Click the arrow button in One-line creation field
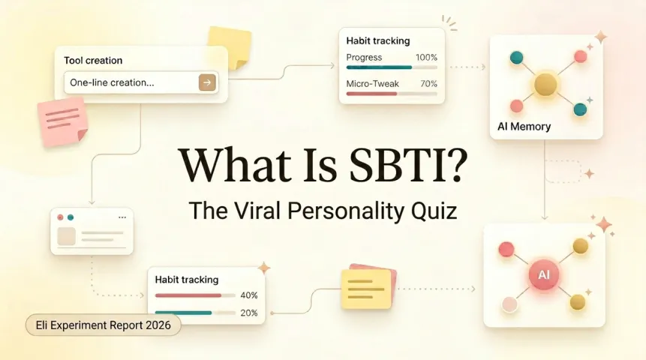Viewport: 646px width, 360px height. tap(207, 82)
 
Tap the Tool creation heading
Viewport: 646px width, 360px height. tap(93, 60)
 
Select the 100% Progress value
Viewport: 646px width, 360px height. tap(426, 58)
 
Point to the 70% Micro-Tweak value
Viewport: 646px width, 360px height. tap(428, 84)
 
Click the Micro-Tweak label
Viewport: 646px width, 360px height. tap(371, 84)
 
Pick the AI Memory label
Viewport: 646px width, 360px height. tap(524, 127)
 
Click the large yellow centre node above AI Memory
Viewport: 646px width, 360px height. tap(545, 84)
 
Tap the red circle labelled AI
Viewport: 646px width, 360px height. tap(544, 275)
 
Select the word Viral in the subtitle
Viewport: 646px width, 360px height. tap(254, 210)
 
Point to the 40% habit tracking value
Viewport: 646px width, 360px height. tap(249, 295)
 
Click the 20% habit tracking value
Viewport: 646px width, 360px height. tap(249, 313)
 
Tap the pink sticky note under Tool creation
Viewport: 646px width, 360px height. tap(63, 121)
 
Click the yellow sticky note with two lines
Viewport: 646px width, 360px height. tap(365, 289)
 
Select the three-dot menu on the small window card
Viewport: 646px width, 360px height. tap(122, 217)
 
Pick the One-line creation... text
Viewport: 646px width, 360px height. tap(112, 82)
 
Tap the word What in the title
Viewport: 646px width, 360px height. tap(226, 163)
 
